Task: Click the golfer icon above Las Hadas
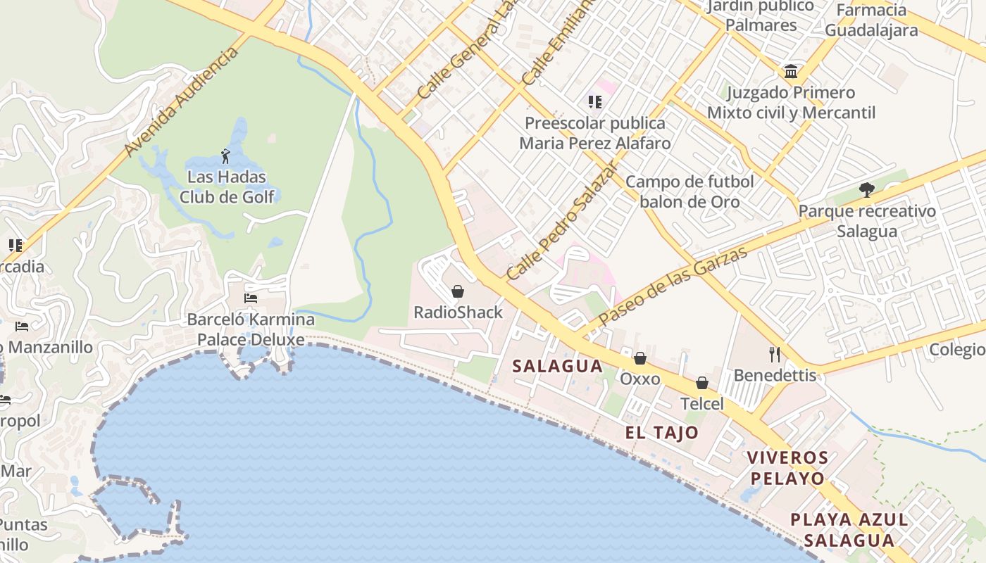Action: tap(225, 156)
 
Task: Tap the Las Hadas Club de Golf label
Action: tap(226, 186)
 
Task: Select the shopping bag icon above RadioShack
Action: tap(458, 291)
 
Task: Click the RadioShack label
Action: tap(458, 312)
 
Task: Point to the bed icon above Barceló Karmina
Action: tap(250, 298)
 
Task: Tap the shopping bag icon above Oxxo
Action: tap(639, 358)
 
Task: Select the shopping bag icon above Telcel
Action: tap(702, 383)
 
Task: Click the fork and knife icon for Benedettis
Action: tap(775, 354)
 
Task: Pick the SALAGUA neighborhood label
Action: tap(557, 366)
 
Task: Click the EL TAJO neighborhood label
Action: tap(661, 433)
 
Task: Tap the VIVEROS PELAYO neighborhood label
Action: tap(787, 468)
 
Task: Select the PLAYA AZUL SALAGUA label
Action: tap(849, 530)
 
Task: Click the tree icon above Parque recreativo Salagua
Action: tap(867, 190)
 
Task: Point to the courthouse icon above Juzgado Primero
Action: tap(791, 72)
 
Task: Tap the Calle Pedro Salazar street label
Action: tap(562, 220)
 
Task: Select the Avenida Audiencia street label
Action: tap(181, 103)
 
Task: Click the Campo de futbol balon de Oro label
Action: tap(689, 191)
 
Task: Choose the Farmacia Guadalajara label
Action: tap(871, 20)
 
